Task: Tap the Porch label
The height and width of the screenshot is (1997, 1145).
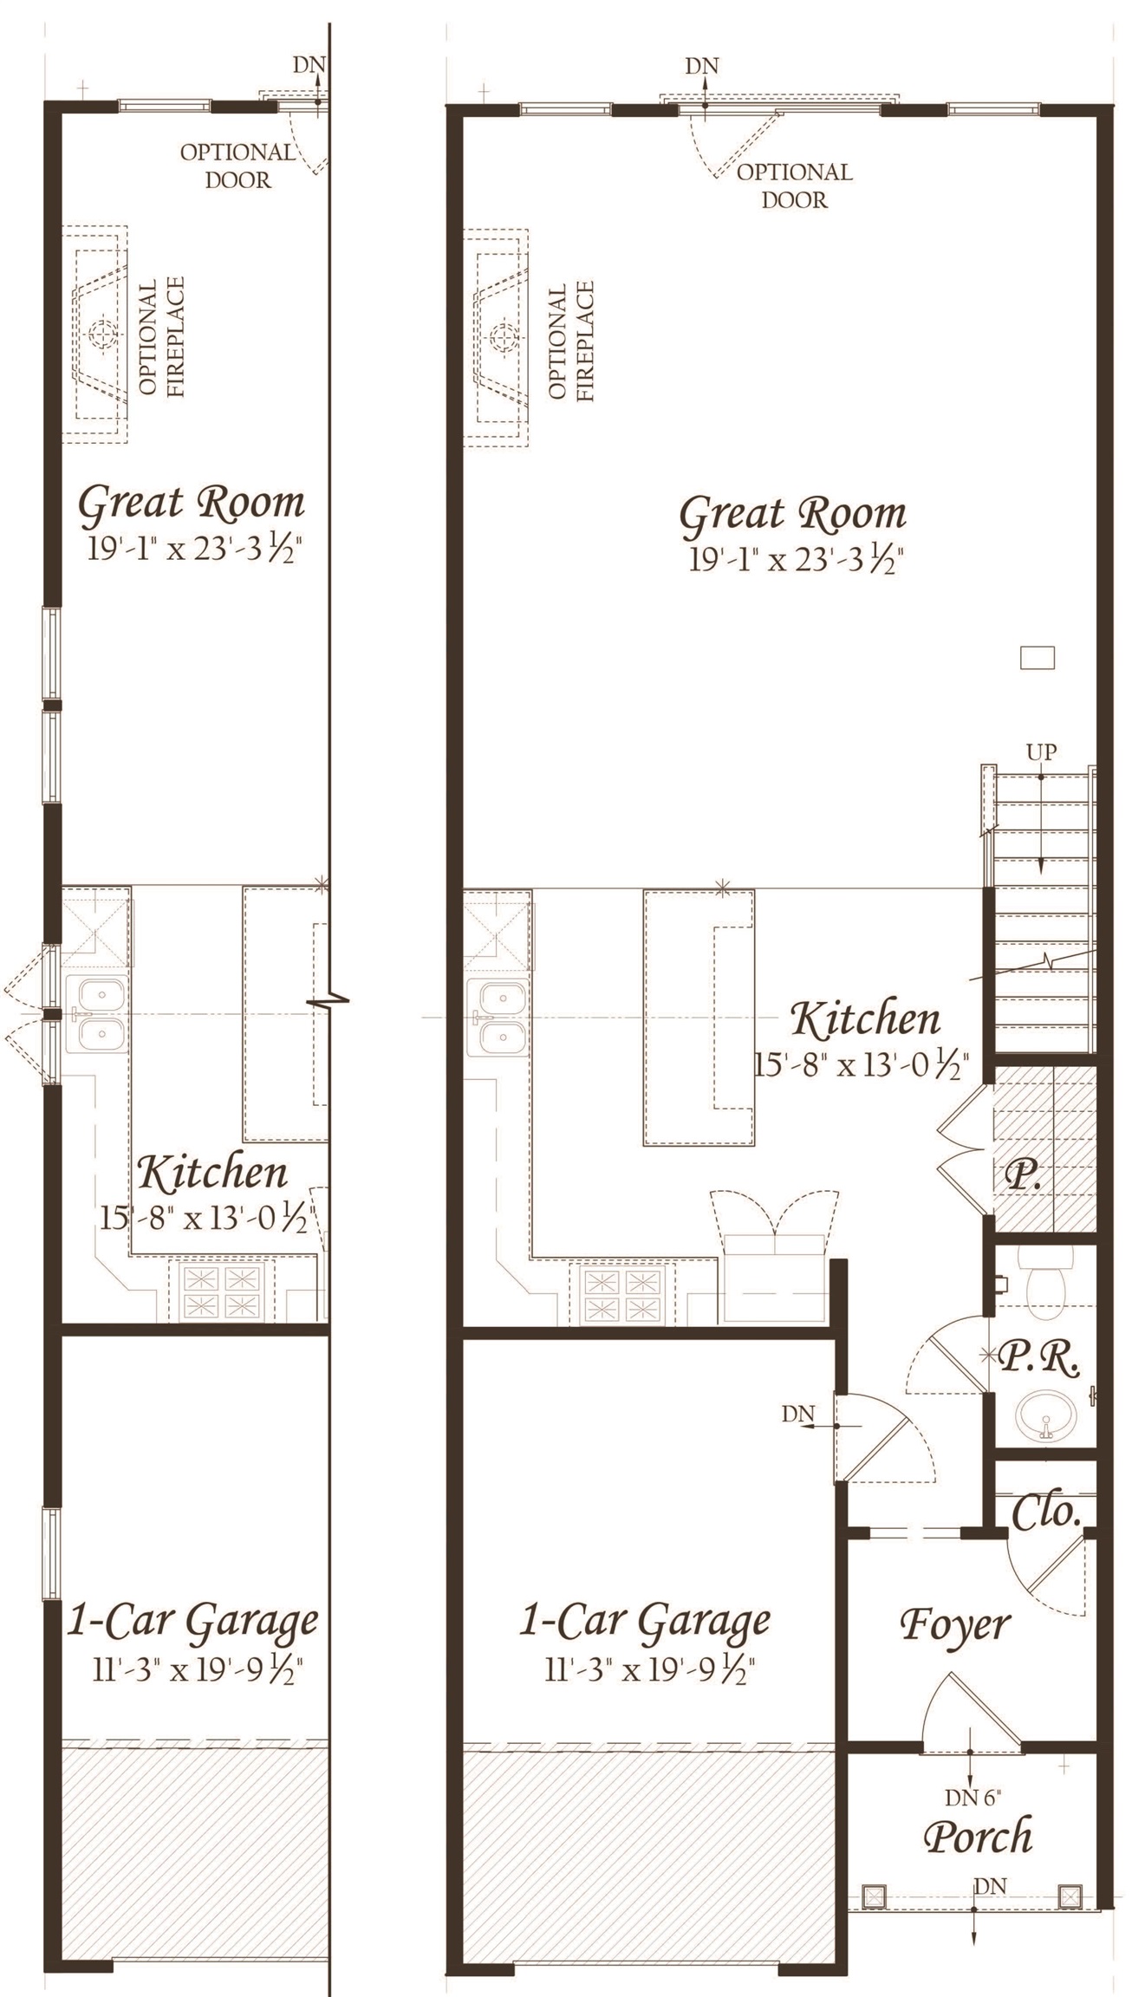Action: (x=978, y=1836)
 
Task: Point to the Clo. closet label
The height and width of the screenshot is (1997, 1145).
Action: (x=1046, y=1513)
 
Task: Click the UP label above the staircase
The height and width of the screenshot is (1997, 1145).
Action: (x=1041, y=751)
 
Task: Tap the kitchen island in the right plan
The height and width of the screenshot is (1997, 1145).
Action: (x=699, y=1017)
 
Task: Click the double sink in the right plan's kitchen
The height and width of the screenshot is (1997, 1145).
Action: (x=496, y=1017)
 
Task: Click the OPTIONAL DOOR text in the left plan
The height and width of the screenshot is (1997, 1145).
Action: (x=237, y=166)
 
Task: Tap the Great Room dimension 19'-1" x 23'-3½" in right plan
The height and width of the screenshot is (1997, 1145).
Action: (x=793, y=561)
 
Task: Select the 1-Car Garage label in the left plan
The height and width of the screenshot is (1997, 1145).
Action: (x=192, y=1623)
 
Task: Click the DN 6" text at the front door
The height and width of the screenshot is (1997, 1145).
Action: (x=973, y=1797)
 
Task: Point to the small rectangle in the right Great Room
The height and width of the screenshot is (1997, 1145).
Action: (x=1037, y=658)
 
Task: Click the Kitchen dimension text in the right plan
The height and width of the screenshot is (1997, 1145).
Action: (x=860, y=1064)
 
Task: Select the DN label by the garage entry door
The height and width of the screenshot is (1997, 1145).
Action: (x=797, y=1414)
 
